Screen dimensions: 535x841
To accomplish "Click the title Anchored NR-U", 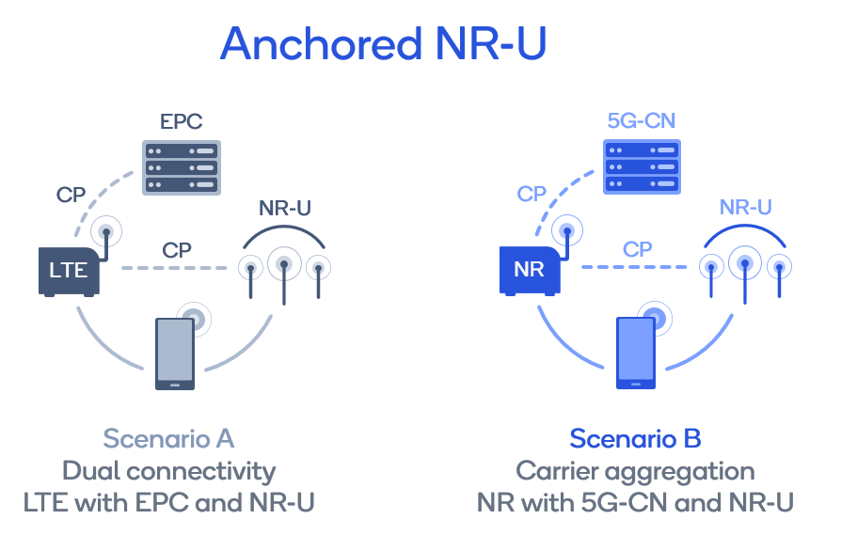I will pos(383,44).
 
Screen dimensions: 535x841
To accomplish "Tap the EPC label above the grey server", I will pos(180,121).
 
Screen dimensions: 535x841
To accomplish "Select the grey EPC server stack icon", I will pos(180,167).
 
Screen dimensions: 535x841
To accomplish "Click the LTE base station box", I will pos(69,271).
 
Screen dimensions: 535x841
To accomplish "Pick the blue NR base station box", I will pos(530,271).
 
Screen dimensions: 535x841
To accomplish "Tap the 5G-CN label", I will pos(641,121).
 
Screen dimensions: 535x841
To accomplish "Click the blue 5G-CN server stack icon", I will pos(641,167).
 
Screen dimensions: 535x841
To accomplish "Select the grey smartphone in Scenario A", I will pos(175,354).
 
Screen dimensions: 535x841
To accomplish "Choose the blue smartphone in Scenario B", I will pos(636,354).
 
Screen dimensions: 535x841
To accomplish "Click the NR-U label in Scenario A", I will pos(284,209).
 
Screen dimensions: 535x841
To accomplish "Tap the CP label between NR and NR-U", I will pos(638,250).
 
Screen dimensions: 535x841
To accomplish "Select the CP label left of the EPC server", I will pos(71,196).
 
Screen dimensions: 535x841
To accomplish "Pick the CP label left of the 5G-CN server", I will pos(532,195).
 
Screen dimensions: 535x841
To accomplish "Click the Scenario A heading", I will pos(168,439).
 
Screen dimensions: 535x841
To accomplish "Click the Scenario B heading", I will pos(635,439).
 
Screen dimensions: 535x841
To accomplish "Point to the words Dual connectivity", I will pos(168,471).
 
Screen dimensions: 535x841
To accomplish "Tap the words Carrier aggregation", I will pos(635,471).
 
